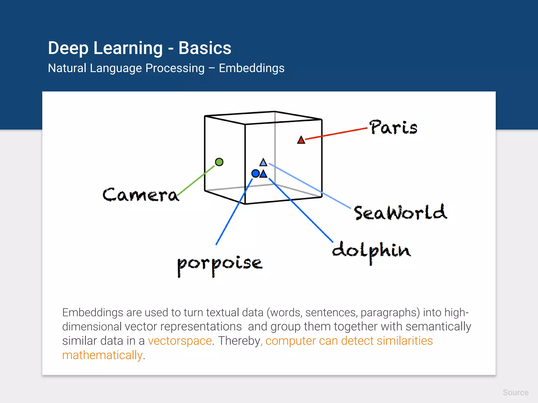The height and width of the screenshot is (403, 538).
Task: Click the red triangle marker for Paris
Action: point(301,140)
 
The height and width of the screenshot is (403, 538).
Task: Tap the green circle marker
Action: point(219,162)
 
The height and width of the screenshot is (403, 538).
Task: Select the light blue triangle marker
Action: point(263,163)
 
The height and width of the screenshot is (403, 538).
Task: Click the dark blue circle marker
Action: point(255,173)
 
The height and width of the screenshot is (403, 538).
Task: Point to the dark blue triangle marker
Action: point(263,174)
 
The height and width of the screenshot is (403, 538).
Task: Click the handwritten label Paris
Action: point(393,128)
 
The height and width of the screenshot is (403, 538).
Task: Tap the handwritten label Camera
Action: point(141,195)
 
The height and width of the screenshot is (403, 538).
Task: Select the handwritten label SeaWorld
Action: point(400,213)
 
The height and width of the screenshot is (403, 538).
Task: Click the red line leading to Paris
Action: point(336,133)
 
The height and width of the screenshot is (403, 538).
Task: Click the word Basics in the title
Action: point(205,48)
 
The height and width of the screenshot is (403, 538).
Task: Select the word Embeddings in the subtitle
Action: point(251,68)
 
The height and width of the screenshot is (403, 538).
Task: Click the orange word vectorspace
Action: point(180,341)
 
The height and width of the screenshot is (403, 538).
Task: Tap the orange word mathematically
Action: point(102,355)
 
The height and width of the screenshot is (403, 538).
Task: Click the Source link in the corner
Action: point(515,393)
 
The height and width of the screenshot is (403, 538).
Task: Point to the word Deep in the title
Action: point(68,49)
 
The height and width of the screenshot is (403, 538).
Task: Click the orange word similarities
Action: point(405,341)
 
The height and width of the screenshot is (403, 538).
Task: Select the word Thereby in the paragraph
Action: point(240,341)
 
